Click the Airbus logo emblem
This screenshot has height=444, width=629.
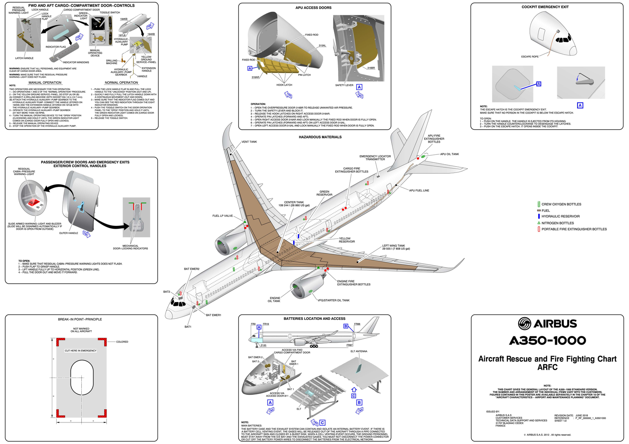pos(524,324)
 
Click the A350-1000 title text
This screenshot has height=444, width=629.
pos(547,341)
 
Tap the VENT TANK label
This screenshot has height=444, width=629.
pos(249,142)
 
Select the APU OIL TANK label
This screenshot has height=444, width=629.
pos(449,154)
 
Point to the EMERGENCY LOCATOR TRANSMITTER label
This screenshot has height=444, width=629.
pos(375,158)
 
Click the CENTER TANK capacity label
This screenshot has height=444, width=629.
pos(294,204)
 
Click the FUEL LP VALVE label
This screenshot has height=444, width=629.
pos(223,216)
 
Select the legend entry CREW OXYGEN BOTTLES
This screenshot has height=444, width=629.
pos(561,204)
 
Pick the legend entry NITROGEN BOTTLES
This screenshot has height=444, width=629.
pos(557,223)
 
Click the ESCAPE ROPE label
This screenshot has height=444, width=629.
pos(530,57)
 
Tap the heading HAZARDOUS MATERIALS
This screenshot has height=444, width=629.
pos(320,137)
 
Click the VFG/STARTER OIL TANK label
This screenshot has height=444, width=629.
pos(333,300)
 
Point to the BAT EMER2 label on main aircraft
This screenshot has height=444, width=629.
pos(191,269)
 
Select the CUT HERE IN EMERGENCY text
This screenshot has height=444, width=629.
pos(81,350)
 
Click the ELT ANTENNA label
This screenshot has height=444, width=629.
pos(359,351)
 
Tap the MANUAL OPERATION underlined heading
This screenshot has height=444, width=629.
pos(45,83)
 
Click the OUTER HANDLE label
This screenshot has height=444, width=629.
pos(68,233)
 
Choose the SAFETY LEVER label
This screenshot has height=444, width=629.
pos(344,85)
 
